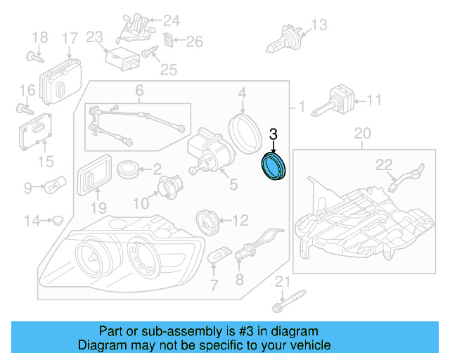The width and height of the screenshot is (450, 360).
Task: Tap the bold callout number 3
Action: [x=274, y=133]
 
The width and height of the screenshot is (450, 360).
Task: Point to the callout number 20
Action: [x=361, y=133]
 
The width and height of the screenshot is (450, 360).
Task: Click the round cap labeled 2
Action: [x=128, y=169]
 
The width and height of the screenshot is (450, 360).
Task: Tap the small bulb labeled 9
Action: [x=55, y=187]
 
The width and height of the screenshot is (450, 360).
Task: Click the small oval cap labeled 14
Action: [x=58, y=221]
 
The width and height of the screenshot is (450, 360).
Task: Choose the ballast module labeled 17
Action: [x=61, y=80]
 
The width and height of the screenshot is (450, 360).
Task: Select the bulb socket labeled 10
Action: [x=169, y=189]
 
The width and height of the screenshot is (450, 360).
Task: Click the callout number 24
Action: [x=172, y=20]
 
